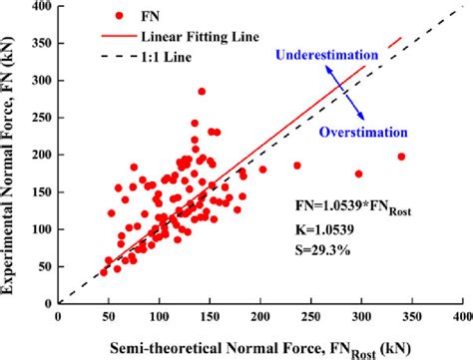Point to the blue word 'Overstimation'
[362, 131]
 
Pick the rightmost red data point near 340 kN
[401, 157]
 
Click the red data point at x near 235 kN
[297, 166]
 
